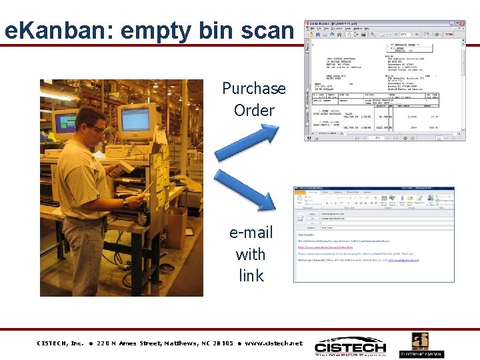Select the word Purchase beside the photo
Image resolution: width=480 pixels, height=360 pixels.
253,89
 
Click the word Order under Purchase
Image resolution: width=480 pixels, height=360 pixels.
254,110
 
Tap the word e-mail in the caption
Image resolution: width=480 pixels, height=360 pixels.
251,233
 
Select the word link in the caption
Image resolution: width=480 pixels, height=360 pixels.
251,275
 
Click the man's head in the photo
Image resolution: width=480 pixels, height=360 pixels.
93,123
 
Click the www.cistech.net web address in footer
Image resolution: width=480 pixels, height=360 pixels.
273,343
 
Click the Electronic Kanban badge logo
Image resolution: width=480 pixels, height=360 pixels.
421,345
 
